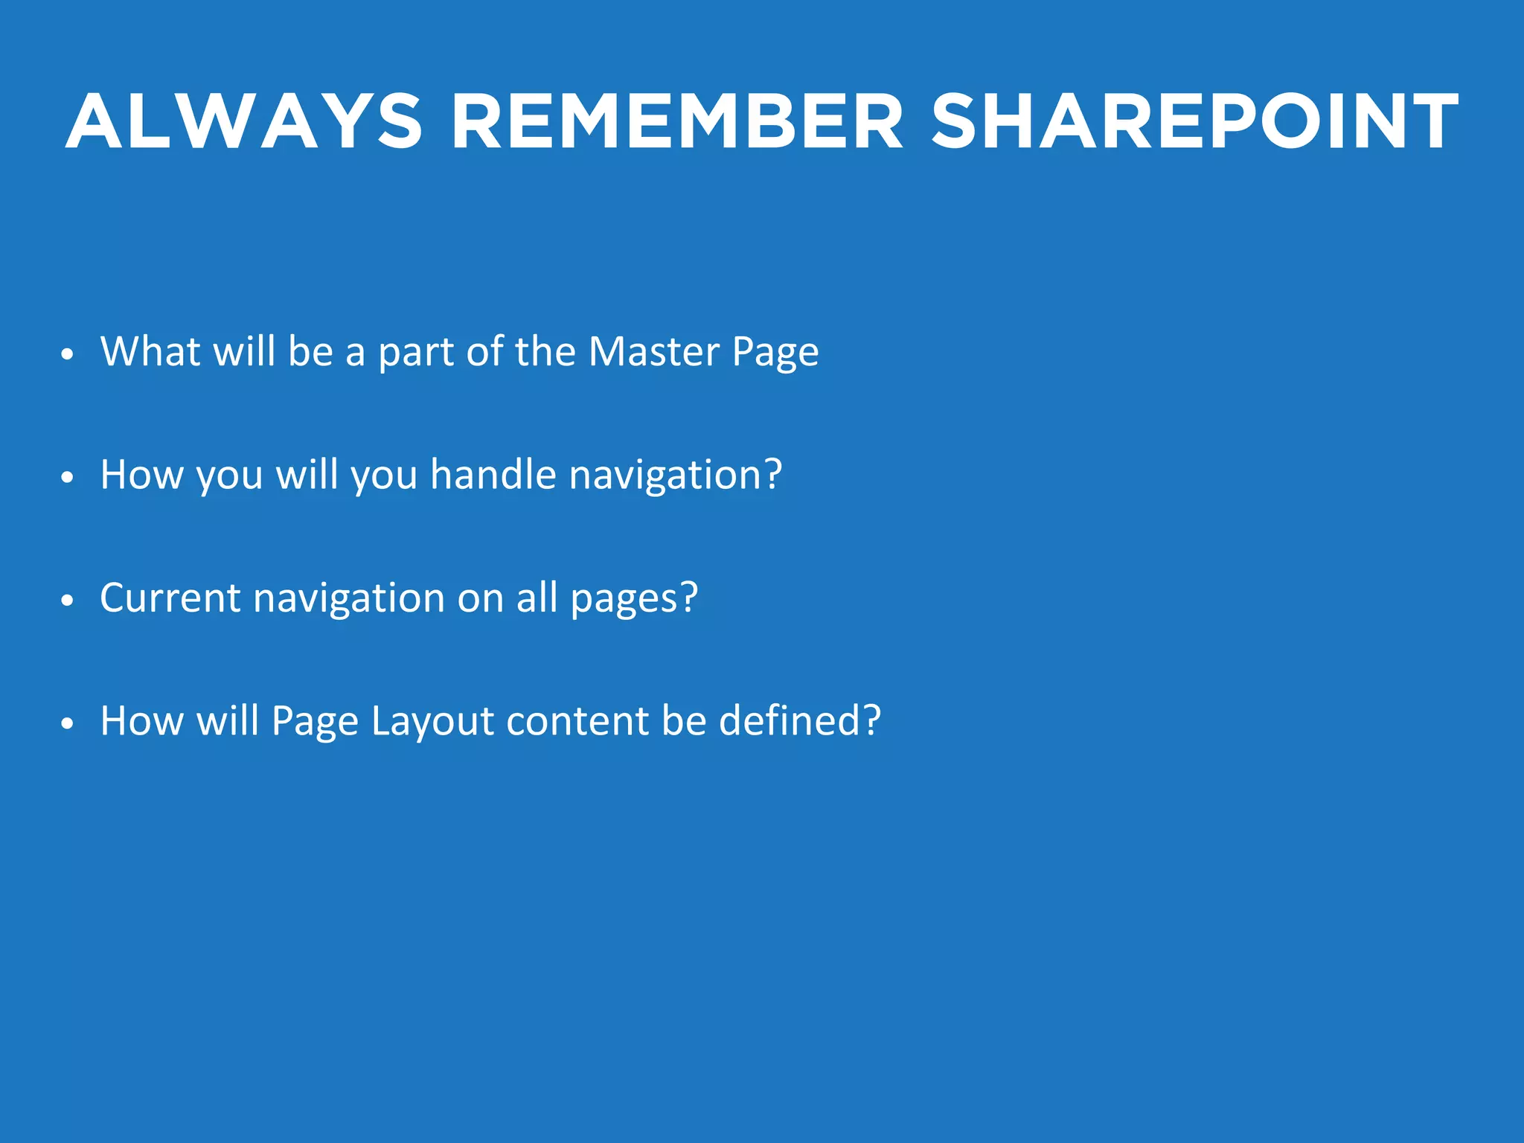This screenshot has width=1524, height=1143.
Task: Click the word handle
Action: pos(493,474)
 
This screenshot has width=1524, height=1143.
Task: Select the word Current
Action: pos(170,598)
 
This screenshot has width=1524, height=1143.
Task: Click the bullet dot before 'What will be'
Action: pos(68,354)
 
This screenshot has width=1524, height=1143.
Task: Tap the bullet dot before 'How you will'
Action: pos(68,478)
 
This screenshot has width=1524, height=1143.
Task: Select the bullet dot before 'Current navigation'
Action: pos(68,601)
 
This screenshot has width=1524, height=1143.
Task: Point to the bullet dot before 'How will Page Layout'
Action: pos(68,723)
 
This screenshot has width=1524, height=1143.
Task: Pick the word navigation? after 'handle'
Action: pos(676,476)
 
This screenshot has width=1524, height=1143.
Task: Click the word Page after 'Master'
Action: pos(775,352)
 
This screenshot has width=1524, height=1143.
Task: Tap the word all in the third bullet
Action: pos(537,598)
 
